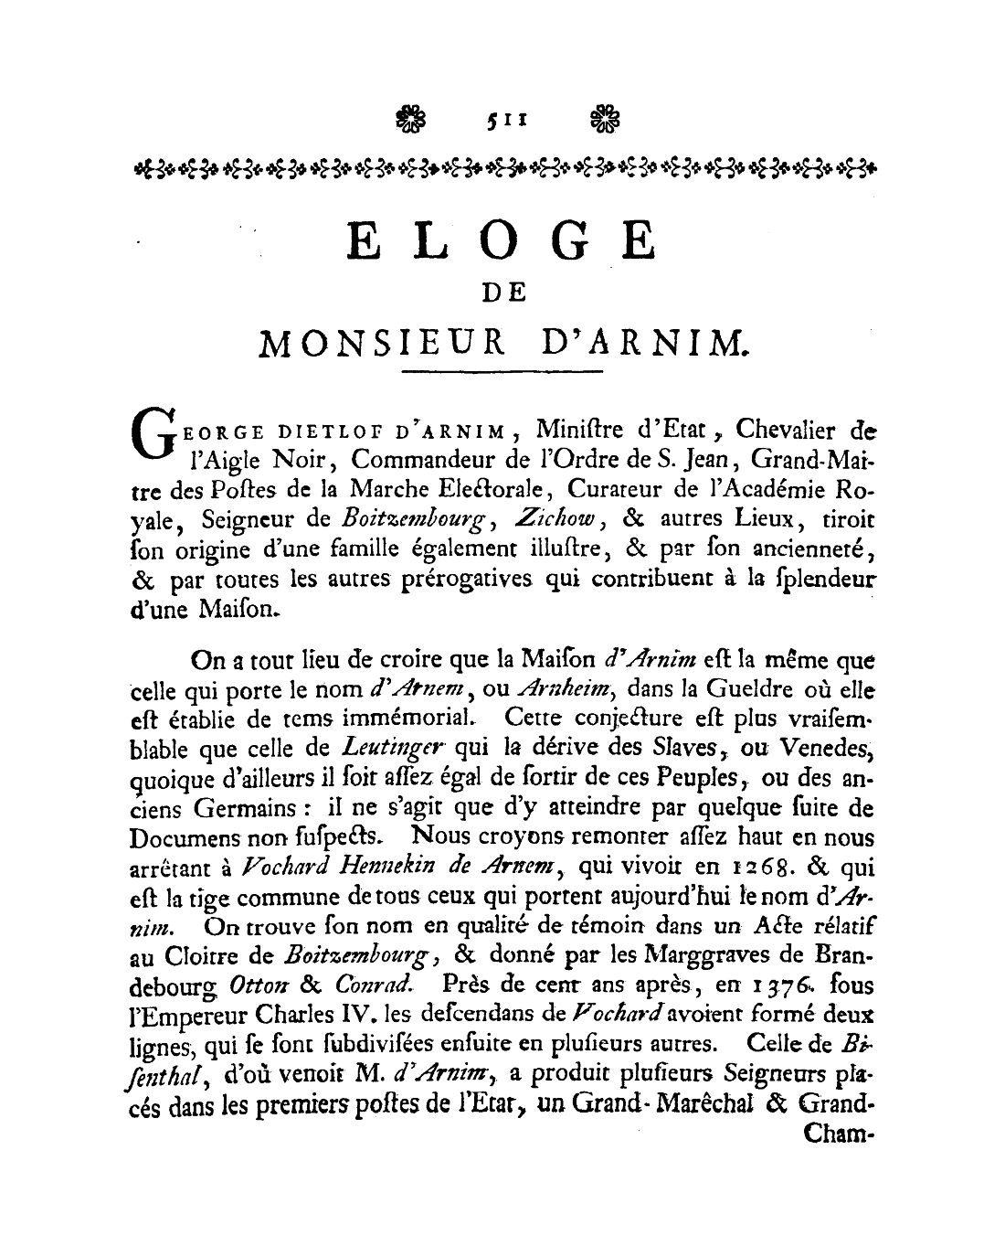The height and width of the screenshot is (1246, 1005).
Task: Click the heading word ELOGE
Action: (503, 243)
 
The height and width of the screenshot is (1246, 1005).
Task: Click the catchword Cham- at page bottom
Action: (837, 1136)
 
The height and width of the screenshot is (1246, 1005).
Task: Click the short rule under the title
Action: (503, 371)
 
